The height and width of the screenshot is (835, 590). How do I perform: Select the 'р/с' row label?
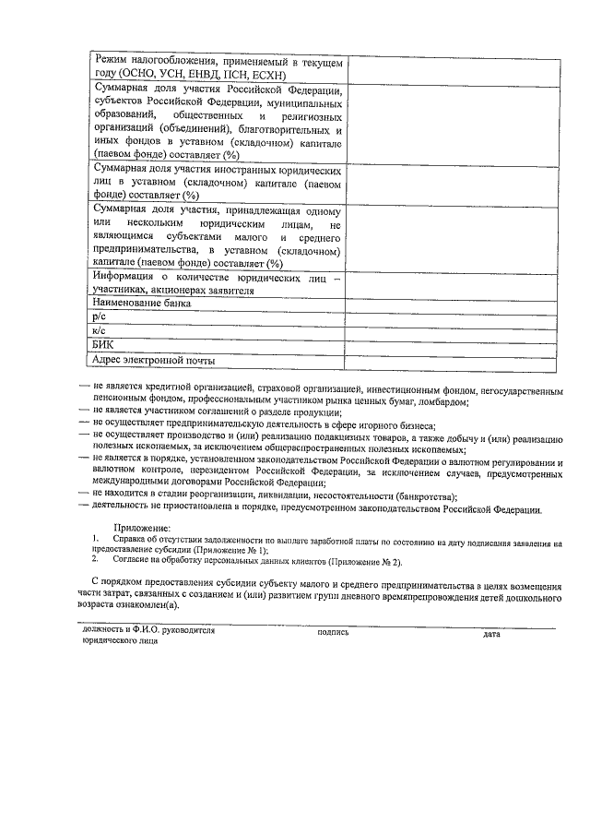[x=100, y=316]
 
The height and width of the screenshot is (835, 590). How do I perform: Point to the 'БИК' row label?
[x=102, y=345]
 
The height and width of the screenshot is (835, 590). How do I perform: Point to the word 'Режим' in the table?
[x=113, y=60]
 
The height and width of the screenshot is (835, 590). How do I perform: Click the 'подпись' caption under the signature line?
[x=332, y=634]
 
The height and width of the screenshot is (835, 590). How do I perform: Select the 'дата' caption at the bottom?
[x=490, y=634]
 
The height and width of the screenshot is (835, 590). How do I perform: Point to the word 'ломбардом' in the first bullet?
[x=444, y=401]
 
